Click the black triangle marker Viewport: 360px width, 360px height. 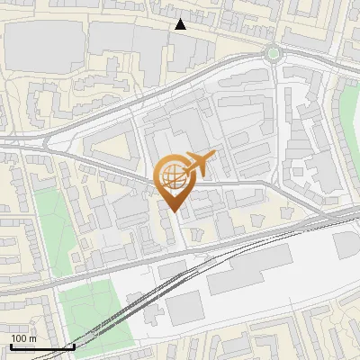(x=181, y=24)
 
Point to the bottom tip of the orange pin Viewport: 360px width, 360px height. (x=173, y=211)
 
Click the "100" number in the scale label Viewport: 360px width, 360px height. (x=19, y=338)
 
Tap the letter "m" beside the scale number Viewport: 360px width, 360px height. (x=32, y=338)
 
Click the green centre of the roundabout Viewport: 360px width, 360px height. (x=273, y=53)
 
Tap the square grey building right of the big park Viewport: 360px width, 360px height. (x=184, y=308)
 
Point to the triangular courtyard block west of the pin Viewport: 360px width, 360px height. (x=112, y=148)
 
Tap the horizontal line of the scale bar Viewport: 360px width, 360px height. (x=41, y=346)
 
